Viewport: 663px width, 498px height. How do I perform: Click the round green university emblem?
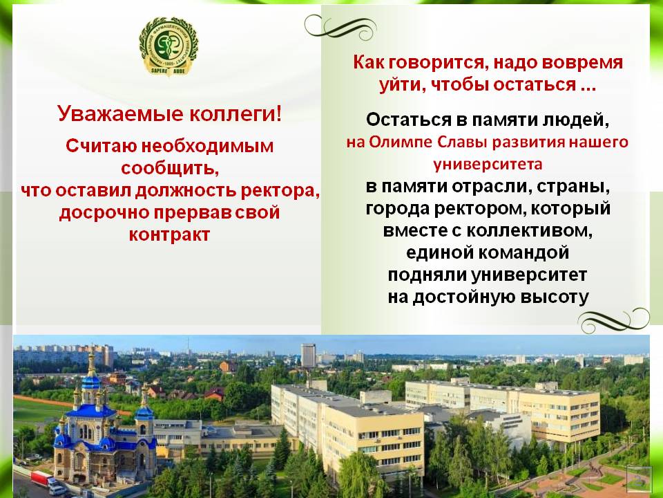169,46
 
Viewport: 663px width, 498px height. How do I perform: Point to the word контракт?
170,234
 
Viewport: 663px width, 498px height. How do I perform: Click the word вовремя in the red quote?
582,63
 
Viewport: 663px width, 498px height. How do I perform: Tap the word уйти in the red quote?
402,84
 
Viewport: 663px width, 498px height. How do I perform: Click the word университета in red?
488,164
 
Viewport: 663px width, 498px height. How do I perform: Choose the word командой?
524,252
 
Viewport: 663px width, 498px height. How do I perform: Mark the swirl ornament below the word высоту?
613,320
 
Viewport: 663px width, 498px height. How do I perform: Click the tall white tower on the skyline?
308,356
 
